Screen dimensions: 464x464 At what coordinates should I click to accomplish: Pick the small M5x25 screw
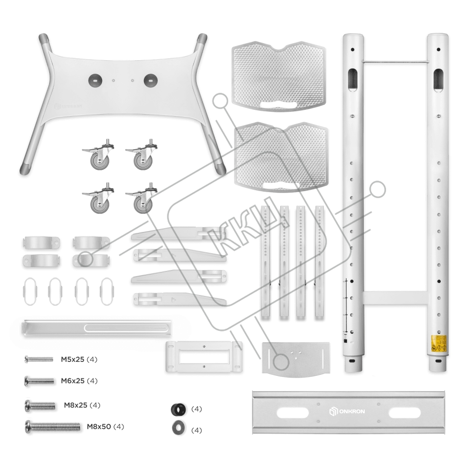tap(39, 359)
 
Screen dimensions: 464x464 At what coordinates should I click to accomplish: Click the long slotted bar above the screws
tap(98, 328)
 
